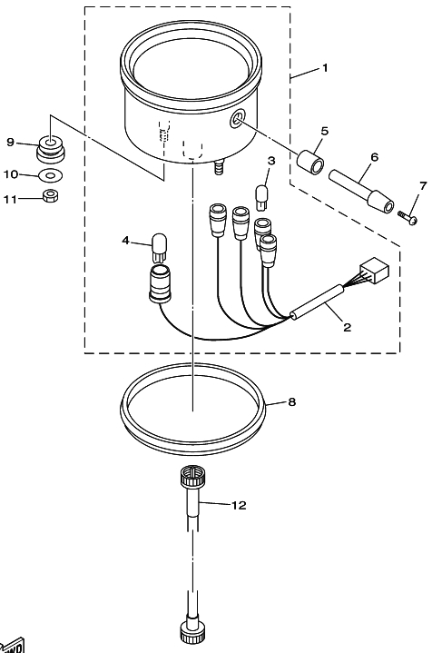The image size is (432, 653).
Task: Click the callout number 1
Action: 326,67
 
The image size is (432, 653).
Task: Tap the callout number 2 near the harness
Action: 347,327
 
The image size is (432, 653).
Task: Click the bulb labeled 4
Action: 159,247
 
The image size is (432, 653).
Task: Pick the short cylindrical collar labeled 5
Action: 310,161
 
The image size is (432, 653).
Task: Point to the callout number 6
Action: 375,157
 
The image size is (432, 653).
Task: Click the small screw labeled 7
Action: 408,217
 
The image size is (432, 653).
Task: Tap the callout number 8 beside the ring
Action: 291,401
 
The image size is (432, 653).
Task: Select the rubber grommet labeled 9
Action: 50,149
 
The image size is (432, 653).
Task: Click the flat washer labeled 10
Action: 50,176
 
